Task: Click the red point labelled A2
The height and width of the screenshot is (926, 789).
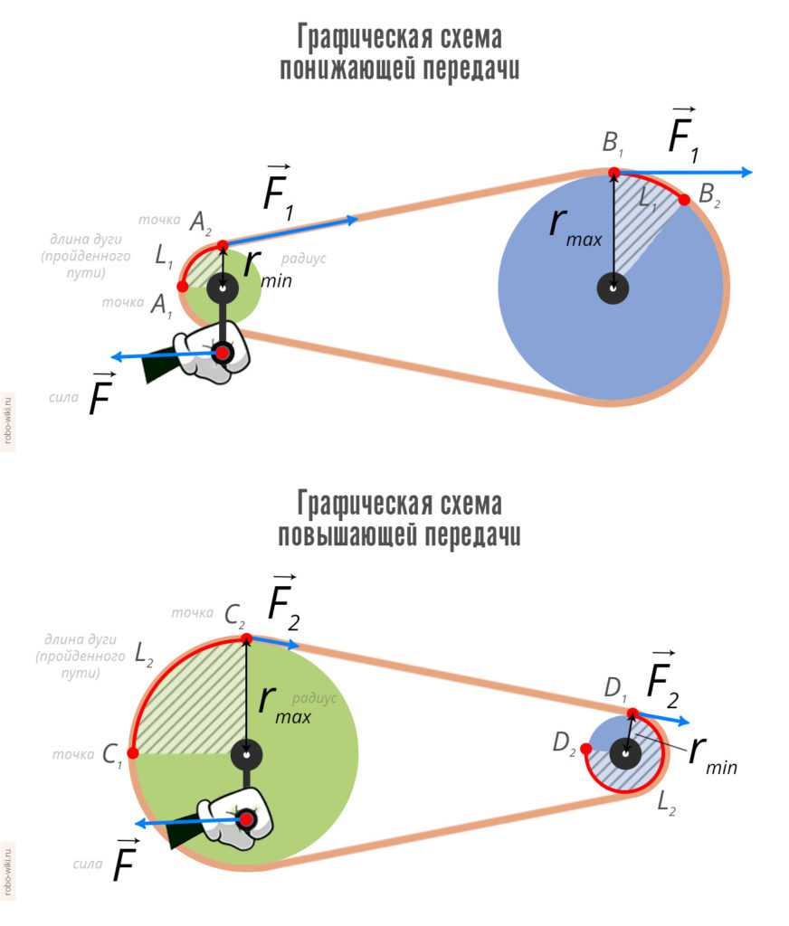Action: click(x=223, y=245)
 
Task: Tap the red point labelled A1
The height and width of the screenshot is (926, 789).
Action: click(x=183, y=287)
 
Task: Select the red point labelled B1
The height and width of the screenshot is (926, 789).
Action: click(x=613, y=172)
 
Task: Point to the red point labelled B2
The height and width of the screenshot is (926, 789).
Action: click(x=684, y=200)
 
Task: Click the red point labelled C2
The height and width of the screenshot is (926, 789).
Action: click(x=246, y=639)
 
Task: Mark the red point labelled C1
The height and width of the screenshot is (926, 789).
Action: click(x=133, y=752)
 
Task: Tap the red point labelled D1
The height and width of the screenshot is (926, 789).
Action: click(x=632, y=713)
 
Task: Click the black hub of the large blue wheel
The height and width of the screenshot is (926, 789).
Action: click(x=613, y=288)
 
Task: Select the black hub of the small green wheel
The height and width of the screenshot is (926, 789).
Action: click(x=223, y=288)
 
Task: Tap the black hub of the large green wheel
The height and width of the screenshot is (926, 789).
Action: click(x=246, y=753)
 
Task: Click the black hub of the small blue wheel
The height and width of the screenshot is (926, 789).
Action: click(x=625, y=751)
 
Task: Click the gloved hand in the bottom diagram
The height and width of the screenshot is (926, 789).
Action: click(x=231, y=821)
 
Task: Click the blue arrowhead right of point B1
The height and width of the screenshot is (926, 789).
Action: click(x=745, y=172)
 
